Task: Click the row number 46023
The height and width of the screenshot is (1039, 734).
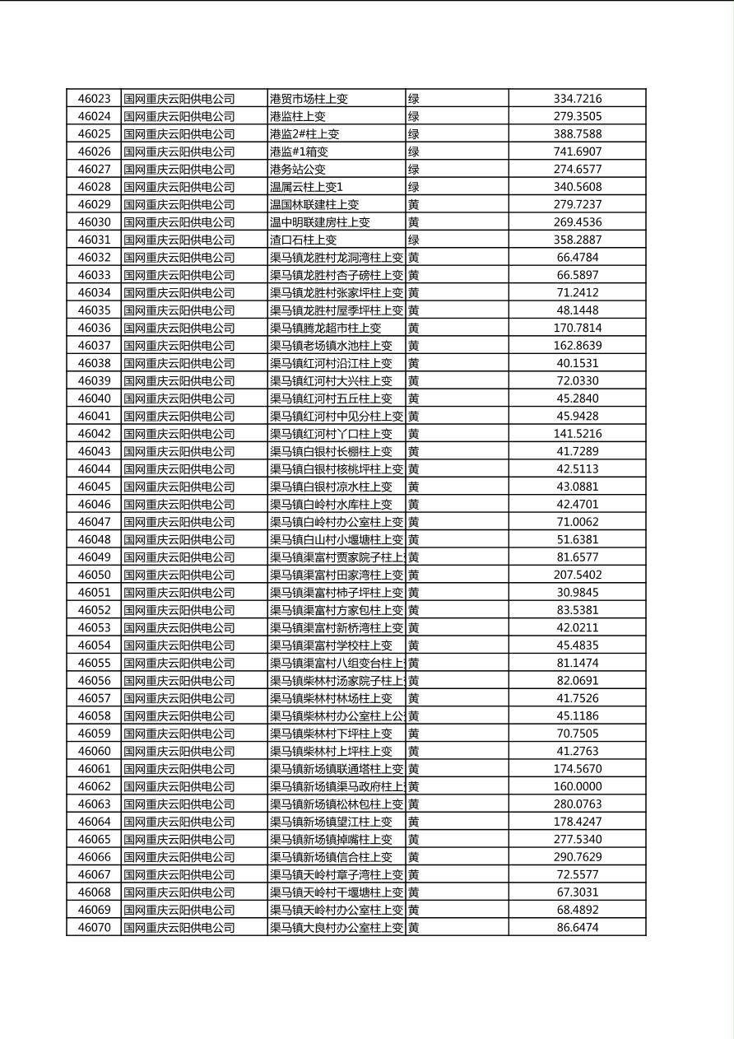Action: (94, 99)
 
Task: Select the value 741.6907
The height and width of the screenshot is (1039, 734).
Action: (577, 151)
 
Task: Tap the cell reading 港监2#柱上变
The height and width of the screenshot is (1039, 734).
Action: (304, 134)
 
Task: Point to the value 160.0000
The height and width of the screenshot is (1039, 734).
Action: (577, 786)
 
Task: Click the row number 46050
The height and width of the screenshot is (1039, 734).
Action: (94, 575)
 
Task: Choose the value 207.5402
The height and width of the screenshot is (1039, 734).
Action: (577, 575)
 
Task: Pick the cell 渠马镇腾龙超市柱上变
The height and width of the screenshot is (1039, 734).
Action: (325, 328)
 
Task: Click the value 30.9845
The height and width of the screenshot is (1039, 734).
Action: (577, 593)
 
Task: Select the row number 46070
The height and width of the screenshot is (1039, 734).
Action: (94, 928)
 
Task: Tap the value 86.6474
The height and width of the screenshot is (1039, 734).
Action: (577, 928)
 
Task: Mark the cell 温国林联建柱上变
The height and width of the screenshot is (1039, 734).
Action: (314, 204)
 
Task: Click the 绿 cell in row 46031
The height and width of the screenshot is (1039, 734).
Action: (414, 240)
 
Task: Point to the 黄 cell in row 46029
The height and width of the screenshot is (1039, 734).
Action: (414, 204)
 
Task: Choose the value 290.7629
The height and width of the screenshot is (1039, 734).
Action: (577, 857)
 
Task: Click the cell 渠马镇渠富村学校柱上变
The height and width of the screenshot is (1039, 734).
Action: (331, 645)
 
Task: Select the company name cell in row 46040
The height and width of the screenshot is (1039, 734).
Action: (179, 398)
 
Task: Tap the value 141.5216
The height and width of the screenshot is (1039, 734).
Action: (577, 434)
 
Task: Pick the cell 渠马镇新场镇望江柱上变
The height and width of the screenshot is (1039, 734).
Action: (331, 822)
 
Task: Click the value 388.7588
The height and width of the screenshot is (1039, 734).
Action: (577, 134)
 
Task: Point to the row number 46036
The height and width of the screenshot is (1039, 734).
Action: (94, 328)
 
